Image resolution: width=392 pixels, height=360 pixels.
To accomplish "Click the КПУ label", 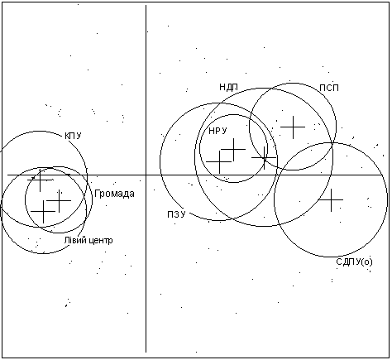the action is tap(73, 136).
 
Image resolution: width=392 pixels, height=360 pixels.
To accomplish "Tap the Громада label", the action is tap(114, 194).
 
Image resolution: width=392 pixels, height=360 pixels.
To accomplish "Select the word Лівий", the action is tap(73, 240).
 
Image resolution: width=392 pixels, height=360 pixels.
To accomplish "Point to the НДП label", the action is tap(228, 88).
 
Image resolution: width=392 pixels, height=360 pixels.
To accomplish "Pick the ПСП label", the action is tap(329, 88).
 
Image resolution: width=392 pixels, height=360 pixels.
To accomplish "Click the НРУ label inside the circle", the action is tap(218, 131).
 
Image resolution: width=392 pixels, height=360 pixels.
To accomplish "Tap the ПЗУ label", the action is tap(176, 214).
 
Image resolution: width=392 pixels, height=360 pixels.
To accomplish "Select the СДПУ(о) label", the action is tap(354, 262).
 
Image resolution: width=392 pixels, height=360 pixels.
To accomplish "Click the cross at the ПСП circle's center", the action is tap(293, 127).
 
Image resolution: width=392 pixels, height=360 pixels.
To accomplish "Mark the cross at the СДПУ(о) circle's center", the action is tap(331, 199).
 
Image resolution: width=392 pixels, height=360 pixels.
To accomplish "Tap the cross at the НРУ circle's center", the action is tap(233, 150).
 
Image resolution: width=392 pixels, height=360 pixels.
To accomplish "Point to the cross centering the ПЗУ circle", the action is tap(219, 161).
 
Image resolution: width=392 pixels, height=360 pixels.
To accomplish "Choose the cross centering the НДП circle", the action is tap(264, 158).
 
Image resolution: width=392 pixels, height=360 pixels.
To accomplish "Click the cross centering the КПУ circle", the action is tap(41, 180).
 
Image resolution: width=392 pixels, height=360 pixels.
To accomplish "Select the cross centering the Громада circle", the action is tap(59, 201).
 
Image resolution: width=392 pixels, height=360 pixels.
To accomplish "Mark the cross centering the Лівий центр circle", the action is tap(43, 212).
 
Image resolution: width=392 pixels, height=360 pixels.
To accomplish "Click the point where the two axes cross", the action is tap(146, 175).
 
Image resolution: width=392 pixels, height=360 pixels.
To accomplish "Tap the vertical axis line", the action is tap(146, 179).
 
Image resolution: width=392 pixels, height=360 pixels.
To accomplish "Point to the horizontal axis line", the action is tap(194, 175).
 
